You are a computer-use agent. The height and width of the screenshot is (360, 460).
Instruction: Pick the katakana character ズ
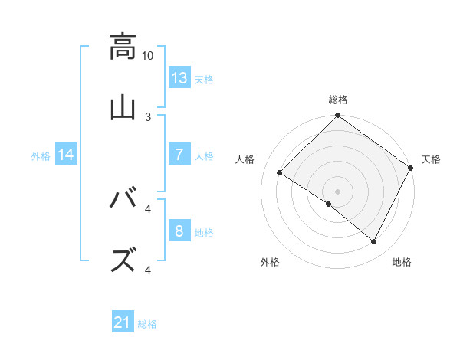[x=122, y=260]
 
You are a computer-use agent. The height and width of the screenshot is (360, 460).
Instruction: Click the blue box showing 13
[x=179, y=78]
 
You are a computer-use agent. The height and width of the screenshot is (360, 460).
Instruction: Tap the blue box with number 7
[x=179, y=155]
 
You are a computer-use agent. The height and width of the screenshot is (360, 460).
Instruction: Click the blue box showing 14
[x=67, y=155]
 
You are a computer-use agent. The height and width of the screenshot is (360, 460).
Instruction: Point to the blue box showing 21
[x=123, y=323]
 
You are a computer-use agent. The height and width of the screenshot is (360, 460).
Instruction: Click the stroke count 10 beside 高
[x=148, y=56]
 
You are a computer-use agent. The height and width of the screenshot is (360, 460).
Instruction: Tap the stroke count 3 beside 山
[x=148, y=117]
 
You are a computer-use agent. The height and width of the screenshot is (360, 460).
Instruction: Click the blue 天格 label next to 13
[x=204, y=80]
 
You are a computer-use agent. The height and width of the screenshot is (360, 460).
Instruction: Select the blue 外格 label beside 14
[x=41, y=156]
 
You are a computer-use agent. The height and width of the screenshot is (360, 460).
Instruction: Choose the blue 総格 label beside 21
[x=147, y=325]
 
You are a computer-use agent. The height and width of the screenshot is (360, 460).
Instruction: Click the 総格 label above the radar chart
[x=338, y=100]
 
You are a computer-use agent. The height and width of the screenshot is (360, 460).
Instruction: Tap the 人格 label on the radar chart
[x=245, y=159]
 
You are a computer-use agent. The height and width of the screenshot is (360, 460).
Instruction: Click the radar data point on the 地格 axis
[x=374, y=242]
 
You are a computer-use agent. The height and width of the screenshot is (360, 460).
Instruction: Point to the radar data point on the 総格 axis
[x=338, y=116]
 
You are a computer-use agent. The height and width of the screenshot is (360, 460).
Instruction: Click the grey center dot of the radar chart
[x=338, y=191]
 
